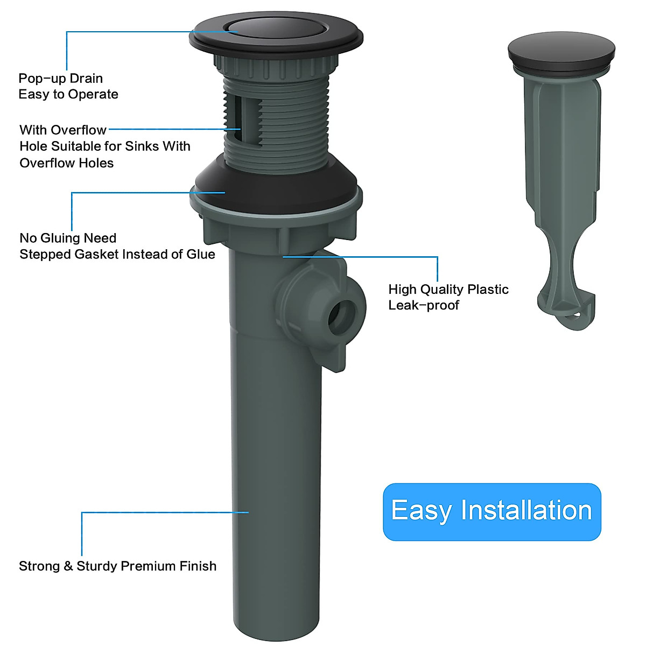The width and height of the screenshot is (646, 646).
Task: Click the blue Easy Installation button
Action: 491,511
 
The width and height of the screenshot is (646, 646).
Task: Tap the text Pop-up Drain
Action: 60,79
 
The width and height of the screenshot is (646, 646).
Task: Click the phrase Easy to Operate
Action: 68,95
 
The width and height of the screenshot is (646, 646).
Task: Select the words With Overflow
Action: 63,130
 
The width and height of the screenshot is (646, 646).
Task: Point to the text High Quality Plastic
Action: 448,290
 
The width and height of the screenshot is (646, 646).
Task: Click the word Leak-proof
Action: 424,306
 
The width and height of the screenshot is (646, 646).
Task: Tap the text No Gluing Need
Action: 68,238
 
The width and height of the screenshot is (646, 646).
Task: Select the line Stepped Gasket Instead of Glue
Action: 117,254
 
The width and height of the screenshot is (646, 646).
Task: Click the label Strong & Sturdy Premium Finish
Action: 117,566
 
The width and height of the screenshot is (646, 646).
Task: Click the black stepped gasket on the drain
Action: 276,180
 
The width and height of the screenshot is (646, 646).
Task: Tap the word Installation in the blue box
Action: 526,510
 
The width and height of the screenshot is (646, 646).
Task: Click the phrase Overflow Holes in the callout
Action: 67,163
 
